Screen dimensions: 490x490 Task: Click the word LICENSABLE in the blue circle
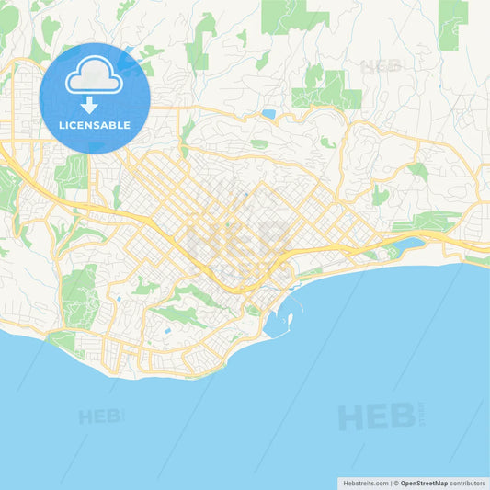coord(95,125)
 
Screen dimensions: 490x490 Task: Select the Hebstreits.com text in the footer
coord(364,482)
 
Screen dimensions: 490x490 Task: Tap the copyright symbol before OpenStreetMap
coord(396,482)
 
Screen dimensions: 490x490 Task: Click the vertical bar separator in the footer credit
coord(390,482)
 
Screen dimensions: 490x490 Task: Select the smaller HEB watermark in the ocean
coord(101,416)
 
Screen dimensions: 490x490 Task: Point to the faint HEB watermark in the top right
coord(382,66)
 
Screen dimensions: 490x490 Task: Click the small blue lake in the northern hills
coord(268,115)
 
